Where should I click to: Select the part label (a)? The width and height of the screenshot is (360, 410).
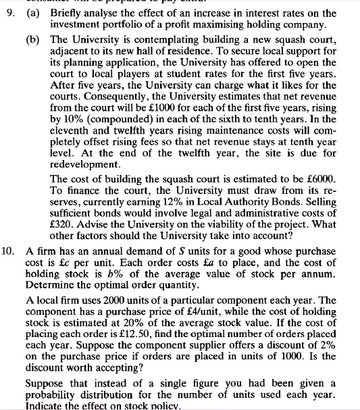[x=33, y=12]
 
